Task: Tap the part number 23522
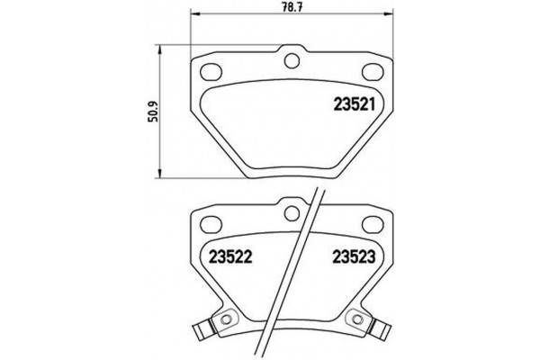[x=231, y=256]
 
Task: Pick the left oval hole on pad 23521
[x=211, y=71]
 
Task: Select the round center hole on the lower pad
[x=291, y=212]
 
